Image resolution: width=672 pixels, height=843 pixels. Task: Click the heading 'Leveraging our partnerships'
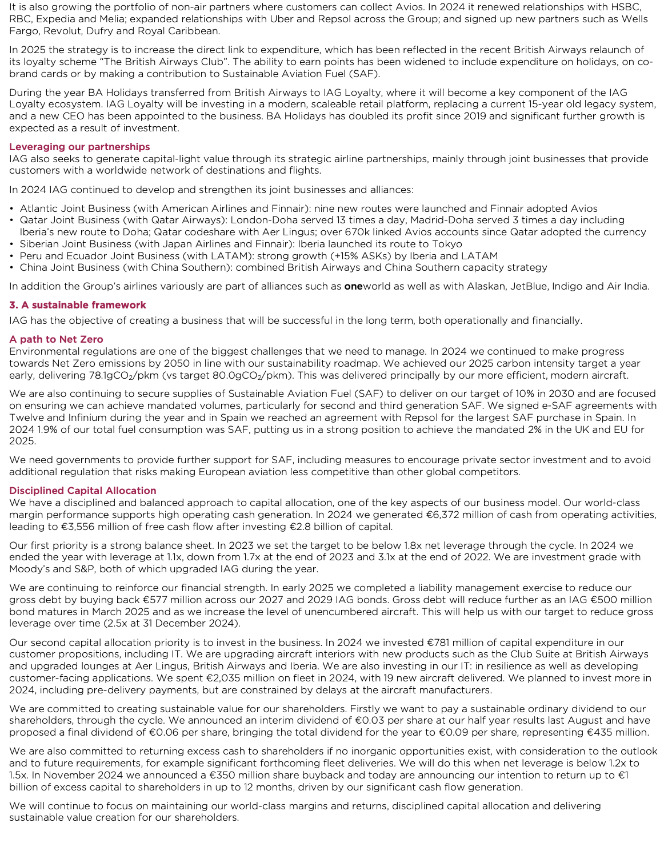(79, 147)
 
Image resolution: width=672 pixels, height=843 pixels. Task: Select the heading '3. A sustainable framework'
(78, 305)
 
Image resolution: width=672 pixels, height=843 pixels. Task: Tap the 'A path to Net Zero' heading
(56, 339)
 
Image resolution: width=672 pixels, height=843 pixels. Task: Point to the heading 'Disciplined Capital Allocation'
(82, 491)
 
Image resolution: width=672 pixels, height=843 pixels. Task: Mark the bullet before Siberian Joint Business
(12, 244)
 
